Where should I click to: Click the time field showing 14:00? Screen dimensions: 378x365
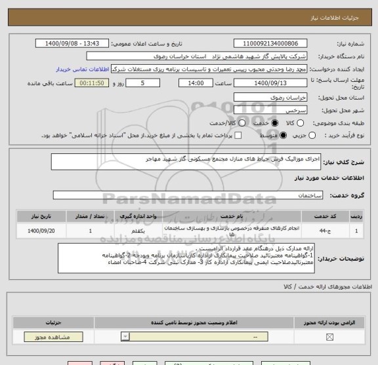[x=195, y=84]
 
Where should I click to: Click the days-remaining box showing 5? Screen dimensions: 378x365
[x=144, y=84]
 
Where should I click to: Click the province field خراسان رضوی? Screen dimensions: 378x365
[x=271, y=98]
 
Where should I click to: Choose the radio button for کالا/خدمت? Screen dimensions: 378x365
[x=235, y=123]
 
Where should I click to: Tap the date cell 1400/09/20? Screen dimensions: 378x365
[x=45, y=231]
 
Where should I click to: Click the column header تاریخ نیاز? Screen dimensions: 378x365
[x=45, y=215]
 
